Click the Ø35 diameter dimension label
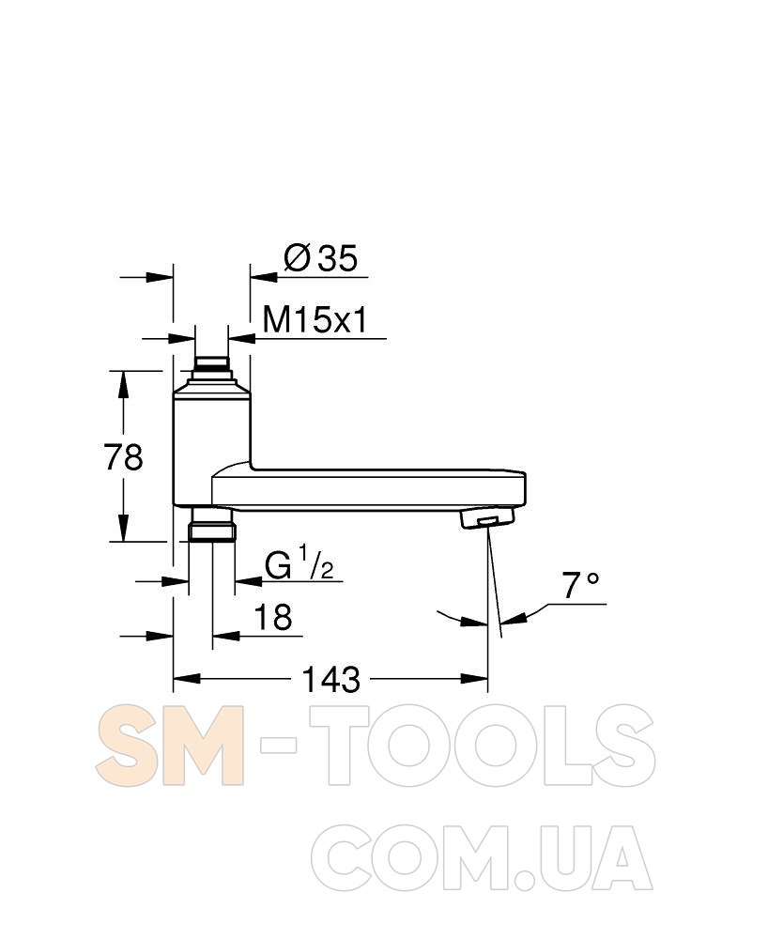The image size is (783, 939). point(321,258)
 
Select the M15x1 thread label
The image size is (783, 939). point(315,320)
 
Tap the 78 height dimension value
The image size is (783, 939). point(123,457)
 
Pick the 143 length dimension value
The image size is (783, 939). point(331,679)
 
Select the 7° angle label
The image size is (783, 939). point(580,585)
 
